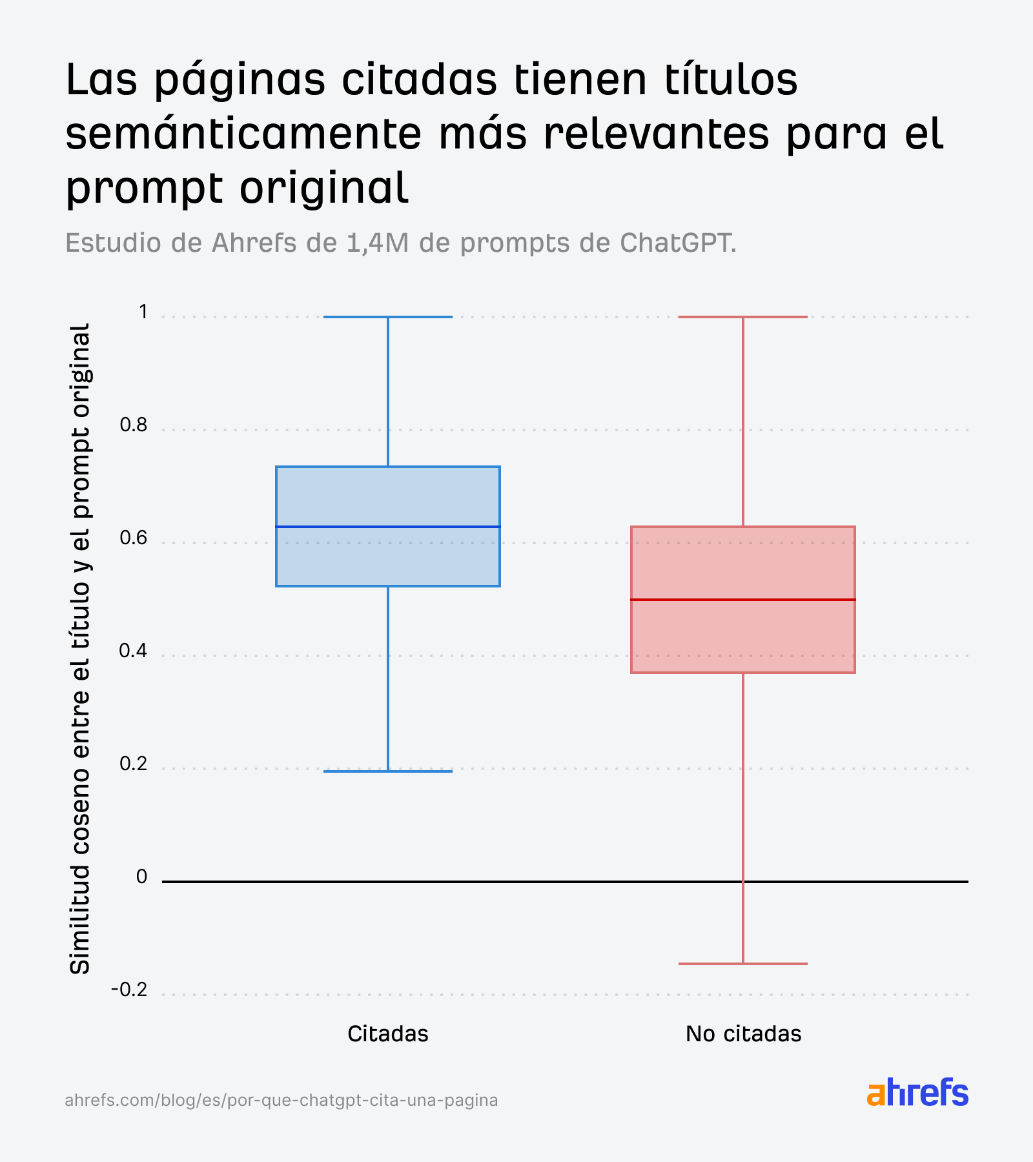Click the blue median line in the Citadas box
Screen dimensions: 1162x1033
click(388, 527)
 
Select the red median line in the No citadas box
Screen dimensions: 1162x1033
click(742, 600)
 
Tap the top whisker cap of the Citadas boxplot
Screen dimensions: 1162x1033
click(388, 317)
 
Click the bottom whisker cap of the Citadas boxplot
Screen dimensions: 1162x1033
click(388, 771)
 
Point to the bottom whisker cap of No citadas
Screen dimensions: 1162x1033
click(742, 964)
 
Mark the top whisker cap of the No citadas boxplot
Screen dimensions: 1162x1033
click(742, 317)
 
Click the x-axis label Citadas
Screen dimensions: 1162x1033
click(387, 1034)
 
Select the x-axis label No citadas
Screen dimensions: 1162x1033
click(743, 1034)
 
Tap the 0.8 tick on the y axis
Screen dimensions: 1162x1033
click(134, 425)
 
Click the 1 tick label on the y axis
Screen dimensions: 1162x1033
click(143, 312)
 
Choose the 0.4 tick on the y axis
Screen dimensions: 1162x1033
click(134, 651)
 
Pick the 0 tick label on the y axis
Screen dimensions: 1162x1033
click(142, 877)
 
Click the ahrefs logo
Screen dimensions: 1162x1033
click(917, 1094)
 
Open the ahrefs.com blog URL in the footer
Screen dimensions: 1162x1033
click(281, 1100)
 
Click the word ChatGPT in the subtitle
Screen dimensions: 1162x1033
click(677, 243)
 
